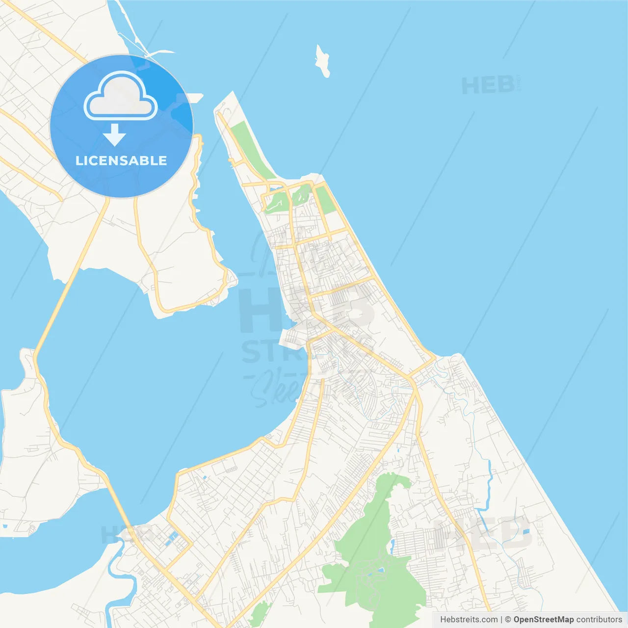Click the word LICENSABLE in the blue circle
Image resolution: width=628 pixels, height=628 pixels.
point(121,161)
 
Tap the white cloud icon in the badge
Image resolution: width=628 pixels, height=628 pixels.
point(121,97)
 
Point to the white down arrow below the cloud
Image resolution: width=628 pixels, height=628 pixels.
point(114,134)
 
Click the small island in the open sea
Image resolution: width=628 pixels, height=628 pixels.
point(322,61)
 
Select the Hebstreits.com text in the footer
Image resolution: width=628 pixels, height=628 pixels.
point(469,620)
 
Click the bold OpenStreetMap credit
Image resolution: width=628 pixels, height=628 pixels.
point(543,620)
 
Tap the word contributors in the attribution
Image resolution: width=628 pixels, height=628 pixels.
point(599,620)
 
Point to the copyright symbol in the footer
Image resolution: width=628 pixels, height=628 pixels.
point(508,620)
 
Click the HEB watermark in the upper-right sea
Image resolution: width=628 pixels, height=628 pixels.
point(488,86)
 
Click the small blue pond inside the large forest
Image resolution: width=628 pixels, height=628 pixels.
point(381,570)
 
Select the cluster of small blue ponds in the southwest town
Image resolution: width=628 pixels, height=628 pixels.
point(172,537)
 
